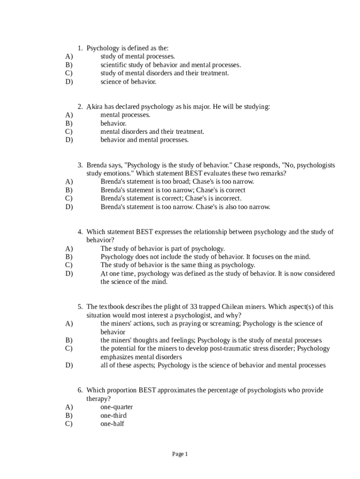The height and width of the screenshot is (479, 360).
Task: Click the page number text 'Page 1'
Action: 180,454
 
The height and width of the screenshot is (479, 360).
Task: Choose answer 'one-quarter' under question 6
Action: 116,407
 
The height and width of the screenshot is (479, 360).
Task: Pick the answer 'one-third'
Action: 113,415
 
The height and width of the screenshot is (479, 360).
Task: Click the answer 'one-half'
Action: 112,424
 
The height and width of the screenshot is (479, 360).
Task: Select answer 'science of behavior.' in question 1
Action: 128,82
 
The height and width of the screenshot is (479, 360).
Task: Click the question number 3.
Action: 80,165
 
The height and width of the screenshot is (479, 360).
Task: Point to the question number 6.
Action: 80,390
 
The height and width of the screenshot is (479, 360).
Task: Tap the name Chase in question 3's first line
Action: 243,165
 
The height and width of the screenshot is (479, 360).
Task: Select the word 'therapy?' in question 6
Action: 99,399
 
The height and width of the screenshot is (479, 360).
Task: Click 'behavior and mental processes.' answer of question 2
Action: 144,140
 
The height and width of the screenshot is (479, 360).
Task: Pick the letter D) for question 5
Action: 69,365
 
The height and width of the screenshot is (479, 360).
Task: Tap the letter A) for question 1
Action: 69,57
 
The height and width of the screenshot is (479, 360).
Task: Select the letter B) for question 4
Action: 69,257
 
